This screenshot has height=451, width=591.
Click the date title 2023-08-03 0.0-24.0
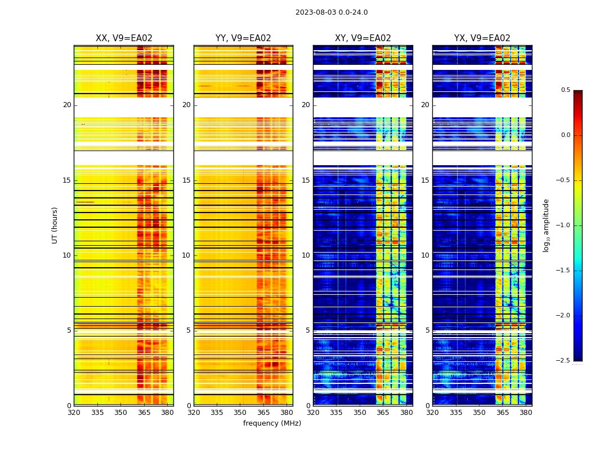point(332,12)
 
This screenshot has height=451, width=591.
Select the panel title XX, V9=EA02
point(124,38)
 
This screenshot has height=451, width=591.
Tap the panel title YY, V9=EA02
point(243,38)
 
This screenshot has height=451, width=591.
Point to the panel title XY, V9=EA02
point(362,38)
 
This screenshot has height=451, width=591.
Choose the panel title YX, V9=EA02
point(482,38)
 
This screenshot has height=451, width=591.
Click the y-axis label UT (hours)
point(55,225)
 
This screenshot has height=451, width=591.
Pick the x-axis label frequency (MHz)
point(272,423)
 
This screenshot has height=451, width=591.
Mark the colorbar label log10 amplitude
point(545,225)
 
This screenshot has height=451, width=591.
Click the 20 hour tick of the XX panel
point(67,105)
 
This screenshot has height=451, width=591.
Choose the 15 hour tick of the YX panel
point(425,180)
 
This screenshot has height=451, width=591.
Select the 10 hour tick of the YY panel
point(186,255)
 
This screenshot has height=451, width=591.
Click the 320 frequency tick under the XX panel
point(74,413)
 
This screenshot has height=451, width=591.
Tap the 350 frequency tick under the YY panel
point(240,413)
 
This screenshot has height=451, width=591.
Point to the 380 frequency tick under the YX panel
point(526,413)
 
